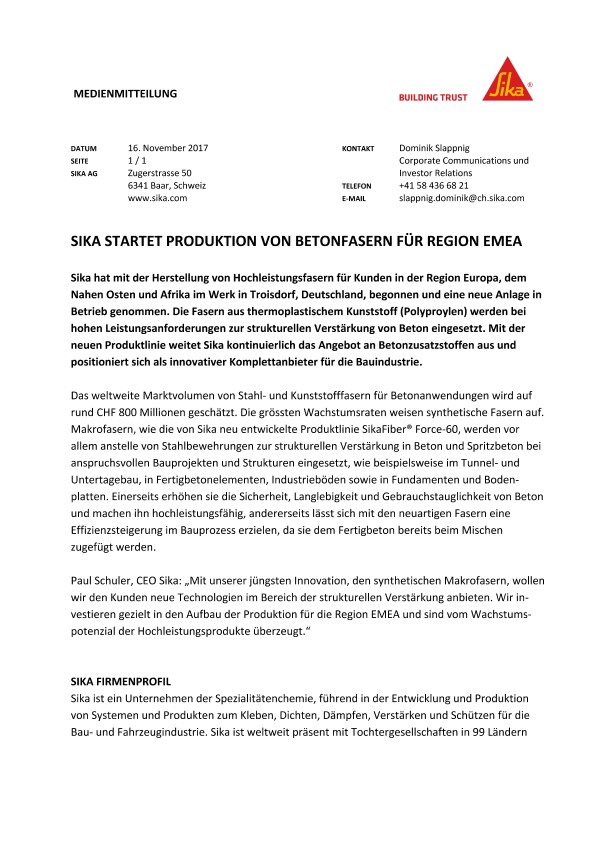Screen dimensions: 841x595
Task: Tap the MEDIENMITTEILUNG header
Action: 126,94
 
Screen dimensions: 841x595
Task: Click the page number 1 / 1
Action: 138,160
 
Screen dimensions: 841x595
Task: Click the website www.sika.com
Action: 158,199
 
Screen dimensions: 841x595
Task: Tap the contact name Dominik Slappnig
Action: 441,147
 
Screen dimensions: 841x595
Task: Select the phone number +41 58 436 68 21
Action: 447,186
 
